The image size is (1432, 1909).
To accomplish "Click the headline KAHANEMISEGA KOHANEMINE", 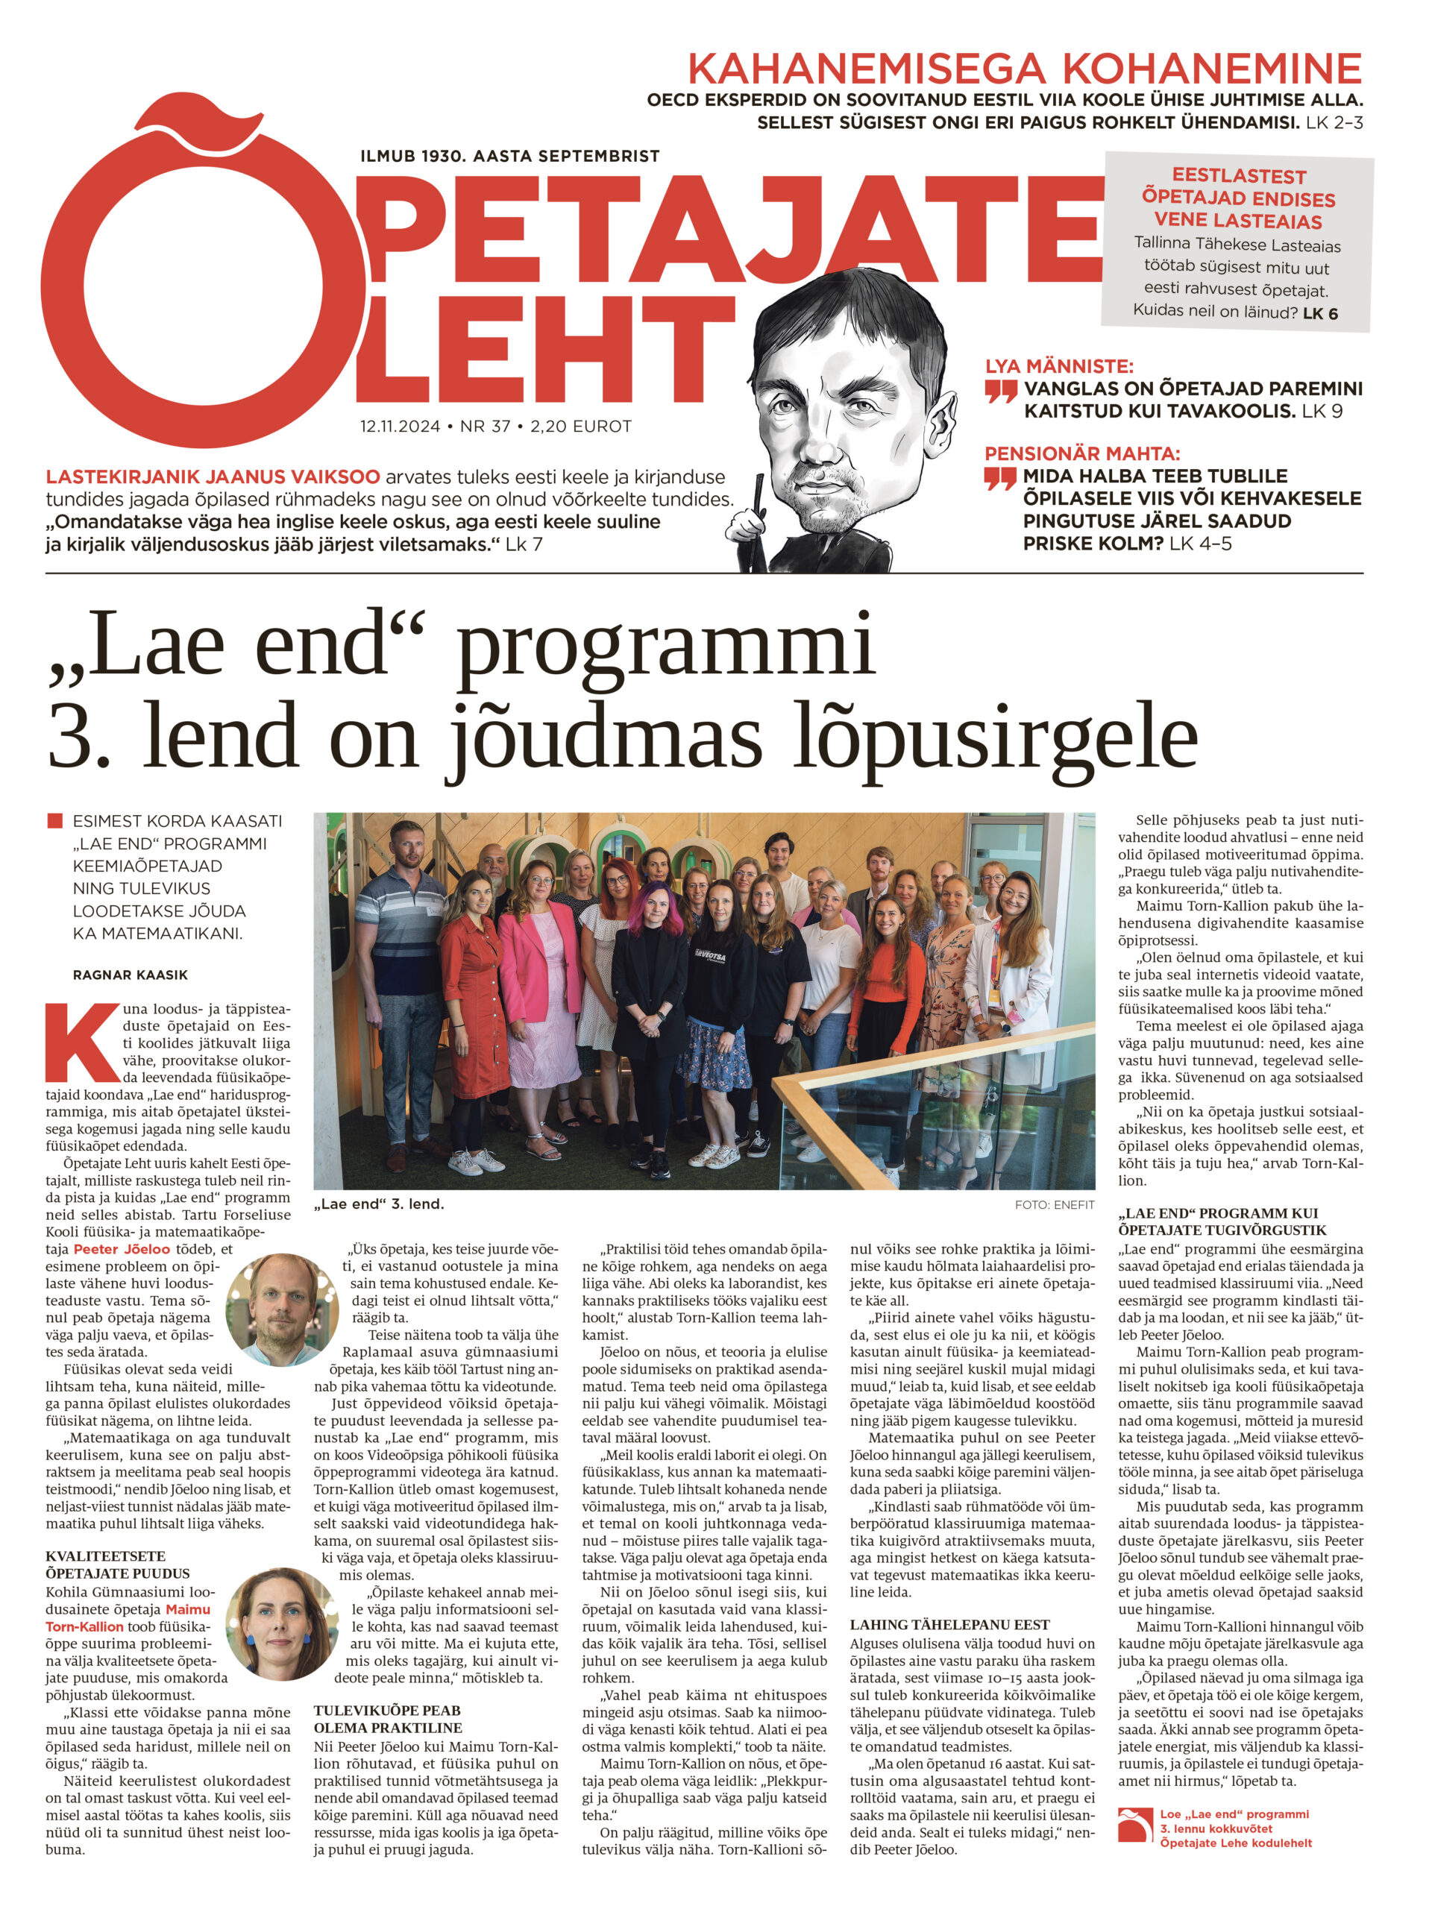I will click(1024, 68).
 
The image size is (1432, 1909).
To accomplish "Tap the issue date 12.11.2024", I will click(400, 427).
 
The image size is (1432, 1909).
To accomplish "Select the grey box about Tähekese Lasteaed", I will click(1237, 243).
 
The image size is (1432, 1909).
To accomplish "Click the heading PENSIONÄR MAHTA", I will click(1082, 453).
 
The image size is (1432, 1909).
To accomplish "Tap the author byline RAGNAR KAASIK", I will click(131, 975).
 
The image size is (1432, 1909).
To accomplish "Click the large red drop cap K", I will click(82, 1042).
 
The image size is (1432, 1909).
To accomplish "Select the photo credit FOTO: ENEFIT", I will click(1054, 1204).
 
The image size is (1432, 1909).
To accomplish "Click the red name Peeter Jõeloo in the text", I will click(122, 1249).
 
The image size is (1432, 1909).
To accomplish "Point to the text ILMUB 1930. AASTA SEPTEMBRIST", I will click(510, 156).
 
